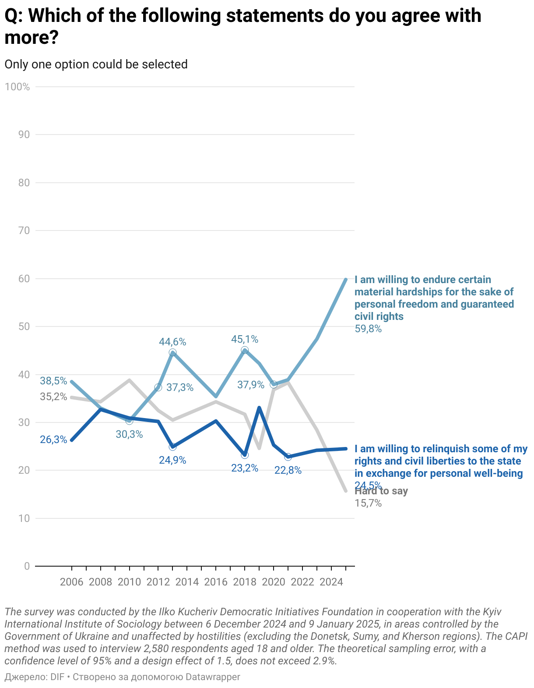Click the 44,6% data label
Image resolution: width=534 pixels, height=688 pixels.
(172, 342)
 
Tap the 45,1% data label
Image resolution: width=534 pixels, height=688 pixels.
(245, 339)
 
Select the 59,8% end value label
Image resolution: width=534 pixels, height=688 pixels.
(368, 329)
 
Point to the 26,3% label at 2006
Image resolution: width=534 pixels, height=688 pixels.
(53, 440)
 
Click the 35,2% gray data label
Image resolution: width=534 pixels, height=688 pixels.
(53, 397)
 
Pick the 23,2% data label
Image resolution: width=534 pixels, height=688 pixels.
(245, 468)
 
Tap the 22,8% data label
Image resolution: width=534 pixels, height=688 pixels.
(288, 471)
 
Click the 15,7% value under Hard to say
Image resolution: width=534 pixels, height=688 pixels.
(368, 504)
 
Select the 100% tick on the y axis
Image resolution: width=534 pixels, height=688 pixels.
(18, 87)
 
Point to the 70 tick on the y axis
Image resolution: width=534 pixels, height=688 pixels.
(24, 231)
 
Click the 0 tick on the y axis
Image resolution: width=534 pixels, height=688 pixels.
(27, 566)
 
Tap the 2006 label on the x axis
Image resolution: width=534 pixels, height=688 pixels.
(71, 582)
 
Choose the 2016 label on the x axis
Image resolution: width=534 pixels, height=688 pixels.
(216, 582)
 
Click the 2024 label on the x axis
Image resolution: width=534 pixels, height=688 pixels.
(331, 582)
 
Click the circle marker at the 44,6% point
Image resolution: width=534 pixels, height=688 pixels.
(172, 353)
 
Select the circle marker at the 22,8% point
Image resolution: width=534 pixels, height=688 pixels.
(288, 457)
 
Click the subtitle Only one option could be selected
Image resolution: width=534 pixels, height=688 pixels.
(96, 64)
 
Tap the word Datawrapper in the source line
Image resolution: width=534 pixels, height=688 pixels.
(213, 677)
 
